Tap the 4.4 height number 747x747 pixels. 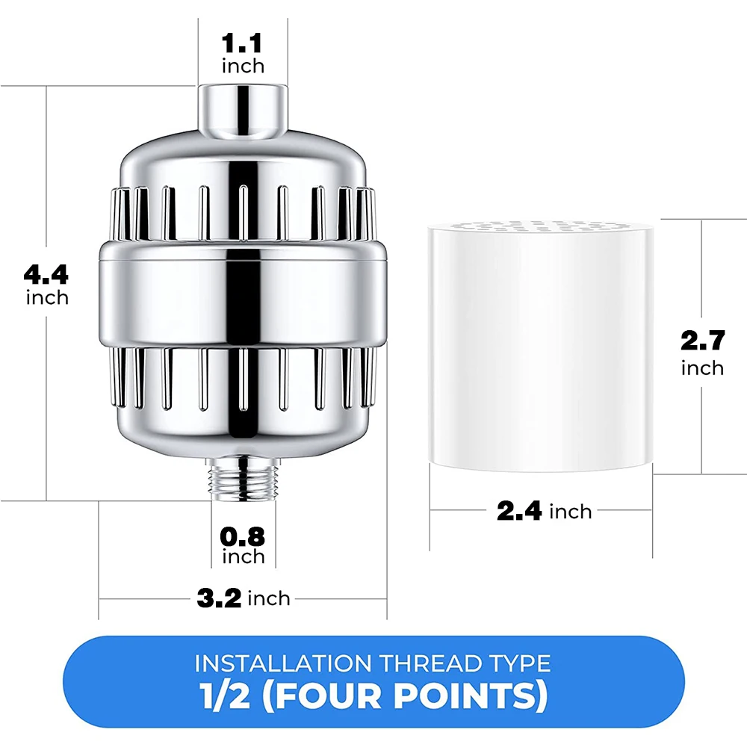click(46, 275)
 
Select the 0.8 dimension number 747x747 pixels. click(243, 536)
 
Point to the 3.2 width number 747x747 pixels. click(219, 598)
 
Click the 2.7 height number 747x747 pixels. click(702, 341)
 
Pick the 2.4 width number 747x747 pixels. click(519, 512)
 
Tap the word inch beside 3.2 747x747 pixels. click(269, 598)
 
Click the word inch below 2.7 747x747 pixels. click(702, 368)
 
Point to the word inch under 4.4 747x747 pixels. click(46, 298)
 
